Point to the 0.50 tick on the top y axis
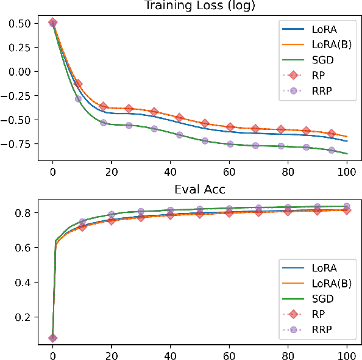[x=20, y=23]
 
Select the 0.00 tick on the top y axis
[x=20, y=71]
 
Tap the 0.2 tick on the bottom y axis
[x=24, y=317]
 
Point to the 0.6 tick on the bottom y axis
[x=24, y=248]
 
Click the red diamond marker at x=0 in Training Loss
[x=53, y=23]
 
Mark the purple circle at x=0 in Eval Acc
[x=53, y=337]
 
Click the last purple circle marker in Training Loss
[x=332, y=150]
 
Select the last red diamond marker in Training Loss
[x=332, y=133]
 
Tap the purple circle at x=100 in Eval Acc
[x=347, y=207]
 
